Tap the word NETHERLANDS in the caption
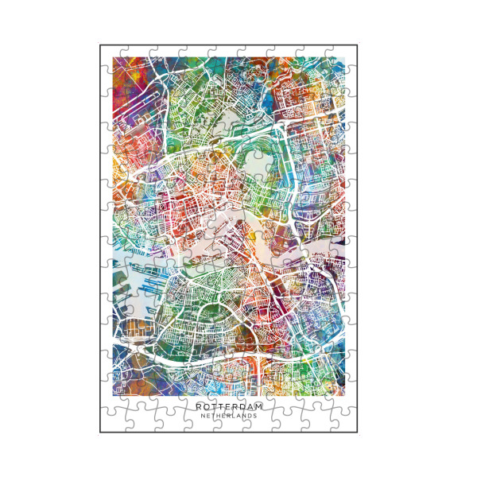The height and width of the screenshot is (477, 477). pos(229,416)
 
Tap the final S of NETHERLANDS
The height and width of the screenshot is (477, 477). pos(255,416)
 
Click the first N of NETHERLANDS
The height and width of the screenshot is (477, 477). pos(203,416)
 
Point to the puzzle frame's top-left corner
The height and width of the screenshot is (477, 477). pos(100,45)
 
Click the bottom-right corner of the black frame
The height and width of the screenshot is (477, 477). pos(377,432)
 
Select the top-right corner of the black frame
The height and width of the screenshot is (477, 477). pos(377,45)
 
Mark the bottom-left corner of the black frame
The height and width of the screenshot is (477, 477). pos(100,432)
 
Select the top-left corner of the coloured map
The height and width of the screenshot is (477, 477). pos(114,57)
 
